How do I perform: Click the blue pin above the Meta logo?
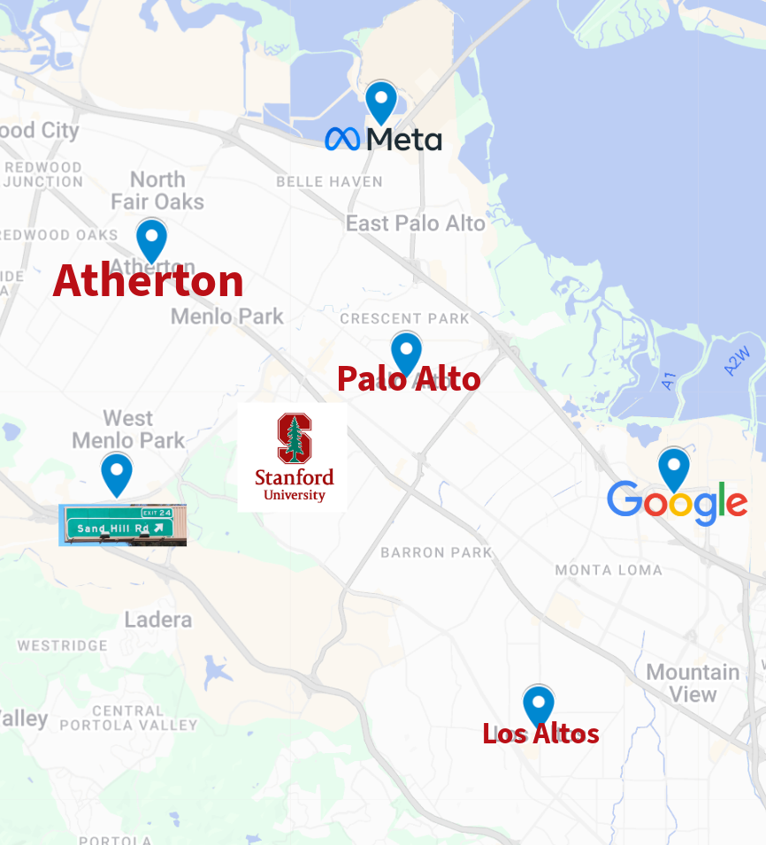click(381, 100)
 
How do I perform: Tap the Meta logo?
click(383, 140)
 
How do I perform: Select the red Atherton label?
click(148, 281)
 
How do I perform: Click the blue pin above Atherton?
click(151, 238)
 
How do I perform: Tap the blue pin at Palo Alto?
click(406, 351)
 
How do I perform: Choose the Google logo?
click(678, 502)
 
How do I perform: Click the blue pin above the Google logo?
click(674, 467)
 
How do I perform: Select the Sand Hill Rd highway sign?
click(122, 525)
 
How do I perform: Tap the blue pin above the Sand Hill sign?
click(117, 472)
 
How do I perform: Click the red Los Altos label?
click(540, 734)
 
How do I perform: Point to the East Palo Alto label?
click(415, 224)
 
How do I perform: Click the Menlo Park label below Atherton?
click(227, 316)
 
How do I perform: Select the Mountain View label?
click(693, 683)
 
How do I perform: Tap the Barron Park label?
click(436, 553)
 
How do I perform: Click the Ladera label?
click(158, 620)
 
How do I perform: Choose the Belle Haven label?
click(329, 182)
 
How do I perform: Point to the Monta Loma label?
click(609, 570)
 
